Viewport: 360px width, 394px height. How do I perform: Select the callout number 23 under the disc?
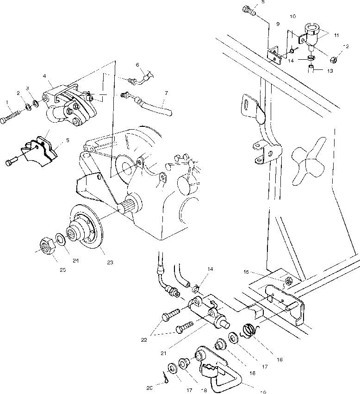click(110, 263)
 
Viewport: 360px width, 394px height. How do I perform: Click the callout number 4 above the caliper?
click(44, 76)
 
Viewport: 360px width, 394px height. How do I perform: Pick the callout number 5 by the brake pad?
click(68, 139)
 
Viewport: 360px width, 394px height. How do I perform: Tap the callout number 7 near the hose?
click(165, 93)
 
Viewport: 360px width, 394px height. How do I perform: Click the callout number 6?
click(137, 64)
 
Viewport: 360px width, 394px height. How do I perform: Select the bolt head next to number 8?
click(248, 9)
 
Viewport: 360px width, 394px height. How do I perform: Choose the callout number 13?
click(330, 71)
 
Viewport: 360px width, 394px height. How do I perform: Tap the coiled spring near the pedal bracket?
click(250, 331)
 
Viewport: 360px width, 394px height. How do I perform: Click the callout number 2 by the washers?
click(19, 93)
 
